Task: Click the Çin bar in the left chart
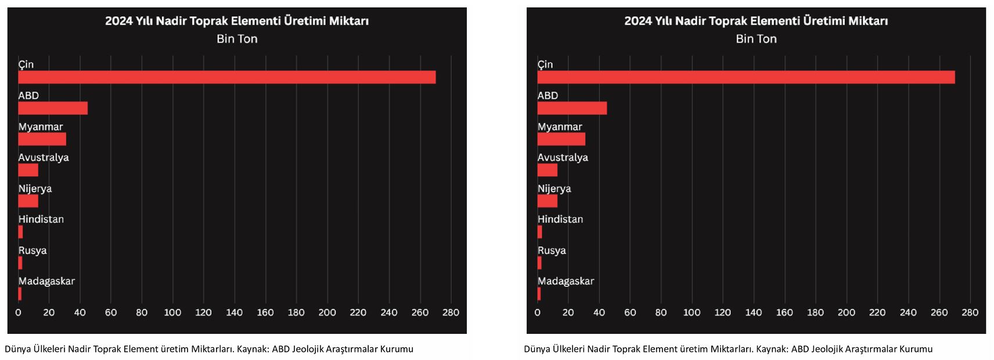click(x=226, y=77)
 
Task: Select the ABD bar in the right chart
click(x=572, y=108)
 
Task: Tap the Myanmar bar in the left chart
click(x=42, y=139)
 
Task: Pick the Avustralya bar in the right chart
click(x=547, y=170)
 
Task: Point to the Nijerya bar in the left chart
click(x=28, y=201)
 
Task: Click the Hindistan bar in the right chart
click(x=539, y=232)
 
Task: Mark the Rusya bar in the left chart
click(x=20, y=263)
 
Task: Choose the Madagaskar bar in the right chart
click(x=539, y=294)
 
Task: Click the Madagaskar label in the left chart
click(x=46, y=281)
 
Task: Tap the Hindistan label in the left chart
click(x=41, y=219)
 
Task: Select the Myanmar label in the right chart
click(x=559, y=127)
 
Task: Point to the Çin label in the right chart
click(x=545, y=64)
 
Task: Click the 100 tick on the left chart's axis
click(x=172, y=312)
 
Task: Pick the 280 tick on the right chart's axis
click(x=970, y=312)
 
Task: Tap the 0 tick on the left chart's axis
click(x=18, y=312)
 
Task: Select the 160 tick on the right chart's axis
click(x=784, y=312)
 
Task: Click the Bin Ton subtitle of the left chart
click(x=237, y=39)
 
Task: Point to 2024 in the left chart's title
click(x=118, y=21)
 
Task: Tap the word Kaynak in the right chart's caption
click(x=772, y=349)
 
